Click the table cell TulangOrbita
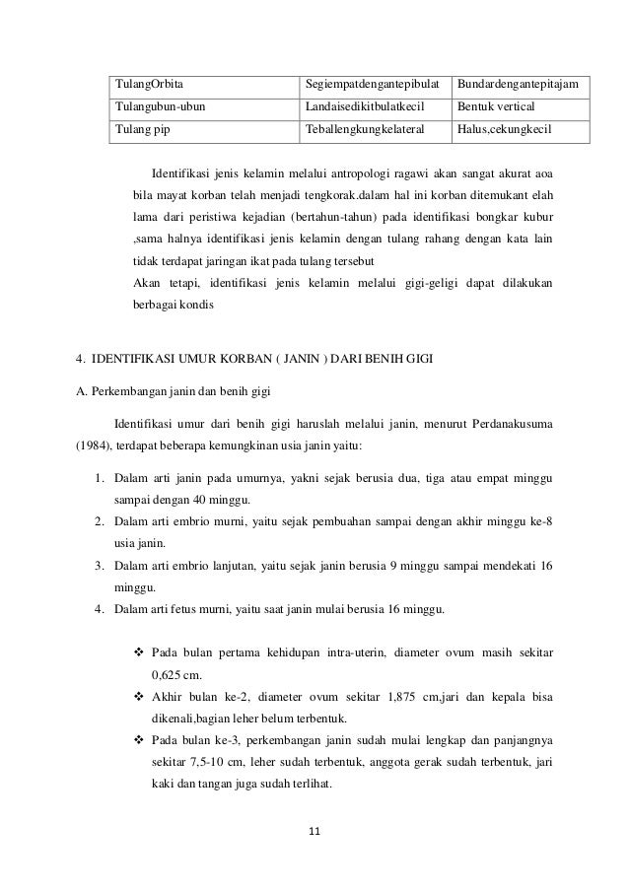[150, 81]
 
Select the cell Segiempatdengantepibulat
[374, 81]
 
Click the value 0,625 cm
[176, 675]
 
